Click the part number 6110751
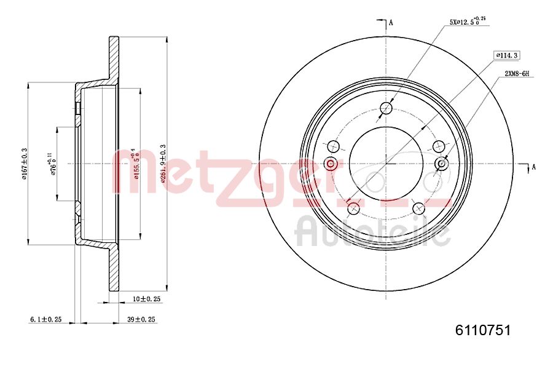point(482,330)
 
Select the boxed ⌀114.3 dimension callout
point(507,55)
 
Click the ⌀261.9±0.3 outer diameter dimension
point(162,164)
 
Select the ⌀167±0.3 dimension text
point(24,164)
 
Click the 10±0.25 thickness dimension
point(147,299)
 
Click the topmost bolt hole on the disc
point(386,109)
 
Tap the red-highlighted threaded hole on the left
point(331,164)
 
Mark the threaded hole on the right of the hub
point(441,164)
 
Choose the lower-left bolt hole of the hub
point(353,208)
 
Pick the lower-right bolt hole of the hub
point(419,208)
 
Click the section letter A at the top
point(391,23)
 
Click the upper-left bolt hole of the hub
point(334,146)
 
